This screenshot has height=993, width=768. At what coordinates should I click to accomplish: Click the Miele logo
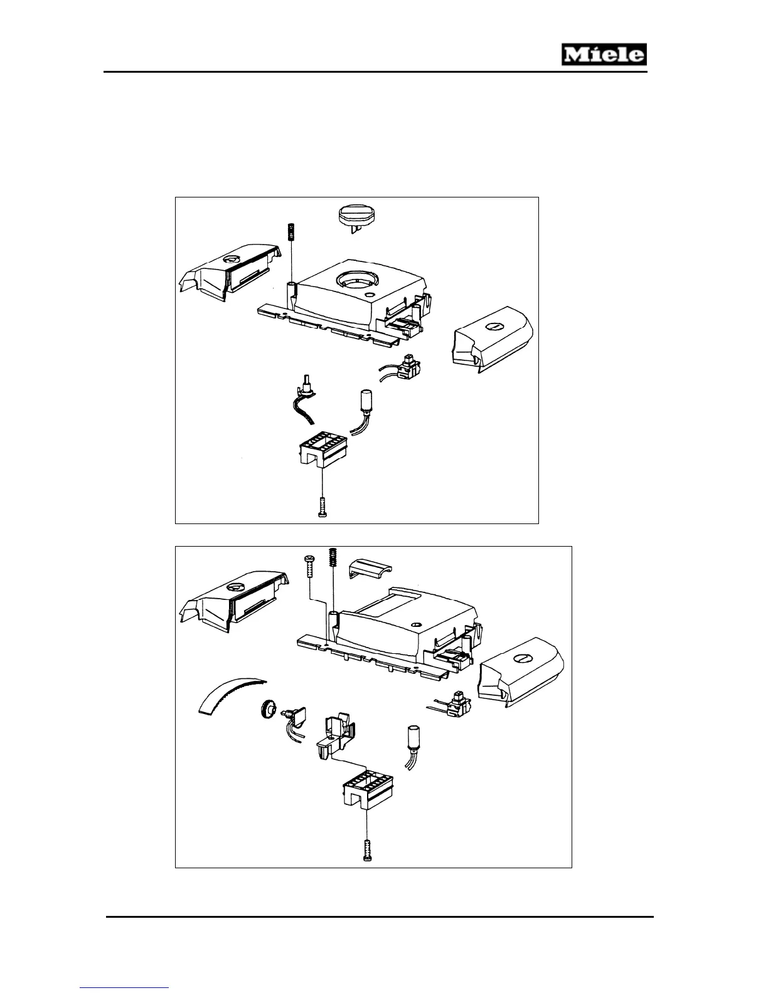[603, 55]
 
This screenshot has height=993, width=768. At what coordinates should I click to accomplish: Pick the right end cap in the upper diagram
[492, 339]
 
